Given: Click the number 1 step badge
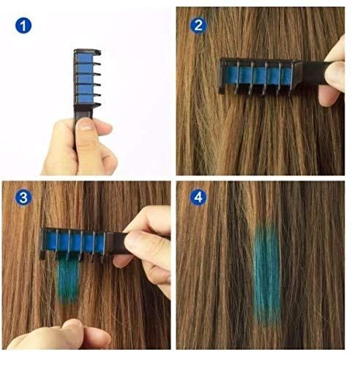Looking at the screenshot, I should tap(24, 27).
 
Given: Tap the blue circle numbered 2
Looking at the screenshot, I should tap(198, 26).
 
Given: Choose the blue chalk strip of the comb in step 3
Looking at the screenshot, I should tap(73, 239).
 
